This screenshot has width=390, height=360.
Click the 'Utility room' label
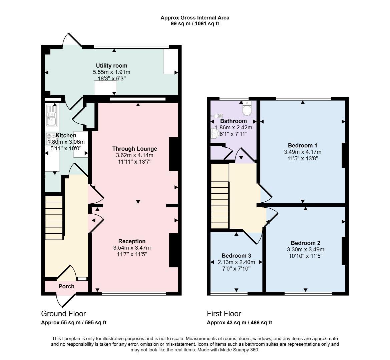(x=111, y=66)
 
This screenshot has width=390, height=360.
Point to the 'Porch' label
(x=66, y=286)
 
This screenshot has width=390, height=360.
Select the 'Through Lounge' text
(x=134, y=149)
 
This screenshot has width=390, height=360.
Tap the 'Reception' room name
(x=132, y=241)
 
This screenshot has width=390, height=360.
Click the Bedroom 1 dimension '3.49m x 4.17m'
(x=302, y=152)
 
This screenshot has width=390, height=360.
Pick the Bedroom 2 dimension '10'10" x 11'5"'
(x=305, y=256)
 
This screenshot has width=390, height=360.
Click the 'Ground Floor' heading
(x=63, y=314)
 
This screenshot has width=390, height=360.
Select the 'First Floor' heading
(x=224, y=314)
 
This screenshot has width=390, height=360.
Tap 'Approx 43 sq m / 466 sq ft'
(x=239, y=323)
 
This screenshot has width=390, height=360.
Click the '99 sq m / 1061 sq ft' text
(x=195, y=24)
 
